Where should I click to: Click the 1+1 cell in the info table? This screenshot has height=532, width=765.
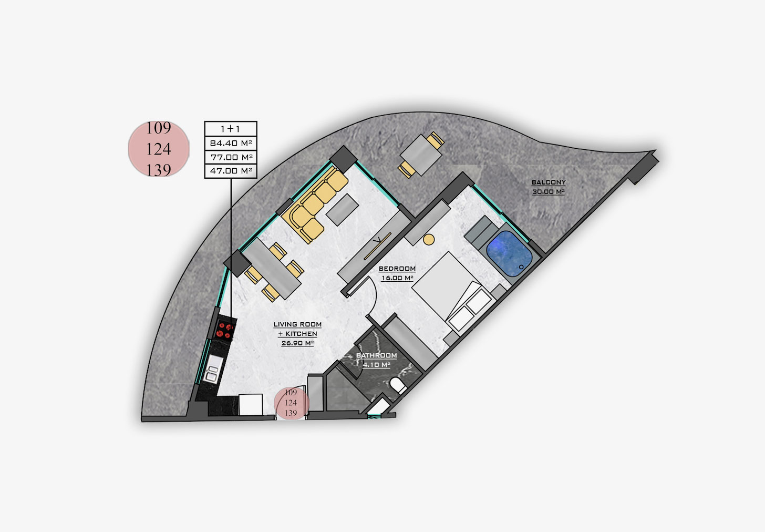pos(231,129)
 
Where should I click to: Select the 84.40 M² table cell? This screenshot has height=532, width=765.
pos(231,143)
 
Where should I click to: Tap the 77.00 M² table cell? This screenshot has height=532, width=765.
pos(231,157)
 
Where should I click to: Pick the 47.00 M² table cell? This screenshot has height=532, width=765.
pos(231,171)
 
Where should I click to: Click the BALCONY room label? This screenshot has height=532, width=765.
pos(549,182)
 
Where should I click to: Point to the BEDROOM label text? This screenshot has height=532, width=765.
pos(397,269)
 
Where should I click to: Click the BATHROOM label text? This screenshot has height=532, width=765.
pos(376,355)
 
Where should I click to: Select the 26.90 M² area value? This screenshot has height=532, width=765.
pos(297,343)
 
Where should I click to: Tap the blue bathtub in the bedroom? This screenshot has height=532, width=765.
pos(509,253)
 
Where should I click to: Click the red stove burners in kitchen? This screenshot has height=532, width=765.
pos(225,330)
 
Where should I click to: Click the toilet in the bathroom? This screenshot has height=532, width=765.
pos(398,385)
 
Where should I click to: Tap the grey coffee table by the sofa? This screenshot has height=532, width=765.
pos(342,209)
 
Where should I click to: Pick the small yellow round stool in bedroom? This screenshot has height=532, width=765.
pos(429,240)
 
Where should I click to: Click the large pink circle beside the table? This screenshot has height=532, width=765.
pos(159,149)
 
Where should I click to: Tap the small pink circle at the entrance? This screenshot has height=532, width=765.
pos(291,403)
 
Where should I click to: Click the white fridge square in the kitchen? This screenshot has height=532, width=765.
pos(251,405)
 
